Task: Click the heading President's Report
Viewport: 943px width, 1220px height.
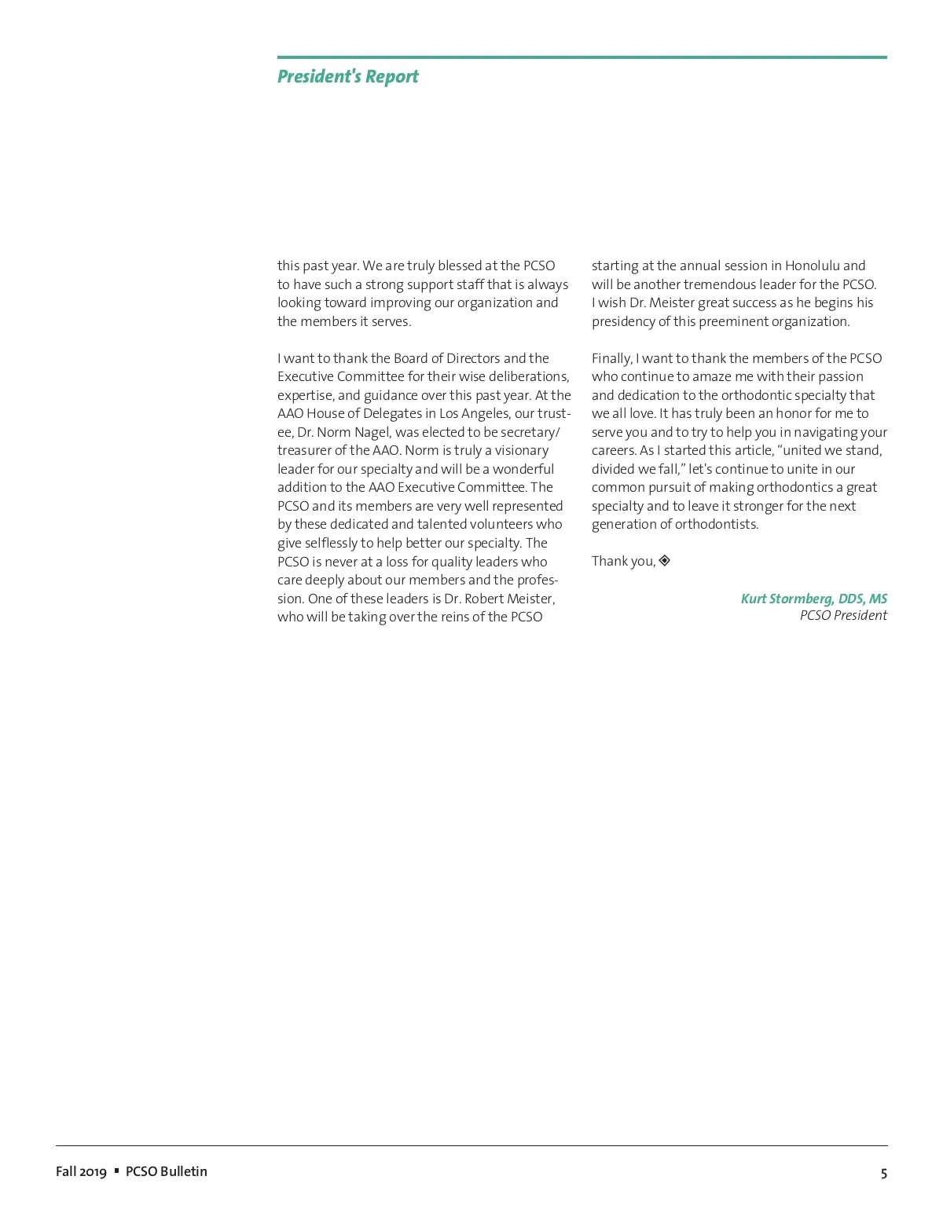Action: (347, 76)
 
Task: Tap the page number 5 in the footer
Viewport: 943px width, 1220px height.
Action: (883, 1173)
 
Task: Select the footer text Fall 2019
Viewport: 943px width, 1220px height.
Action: (81, 1171)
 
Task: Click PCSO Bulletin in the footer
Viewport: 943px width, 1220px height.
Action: (167, 1171)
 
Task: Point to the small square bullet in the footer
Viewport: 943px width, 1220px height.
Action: (116, 1171)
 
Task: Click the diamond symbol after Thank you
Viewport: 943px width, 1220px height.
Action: (665, 560)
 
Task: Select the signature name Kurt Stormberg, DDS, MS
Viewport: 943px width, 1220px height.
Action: (813, 599)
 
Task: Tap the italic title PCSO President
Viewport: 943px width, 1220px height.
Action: (842, 616)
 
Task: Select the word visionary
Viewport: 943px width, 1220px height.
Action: (522, 450)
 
